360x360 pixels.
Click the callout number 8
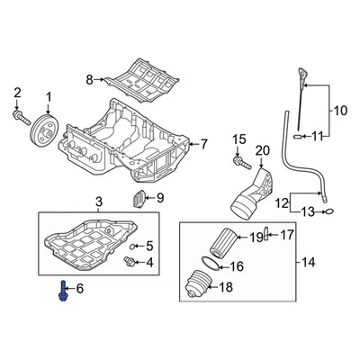point(89,80)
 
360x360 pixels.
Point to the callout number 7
point(203,143)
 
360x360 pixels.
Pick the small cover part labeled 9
point(139,198)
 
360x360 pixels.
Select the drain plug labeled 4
point(130,262)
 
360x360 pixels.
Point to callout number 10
point(341,112)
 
